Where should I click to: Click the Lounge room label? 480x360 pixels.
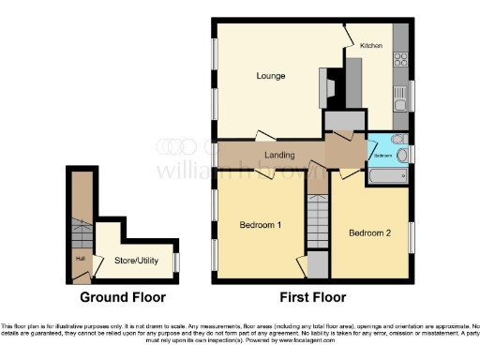(271, 76)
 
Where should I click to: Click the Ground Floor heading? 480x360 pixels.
(123, 297)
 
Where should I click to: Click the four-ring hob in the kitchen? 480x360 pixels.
(402, 57)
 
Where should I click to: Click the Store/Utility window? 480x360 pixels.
(176, 260)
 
